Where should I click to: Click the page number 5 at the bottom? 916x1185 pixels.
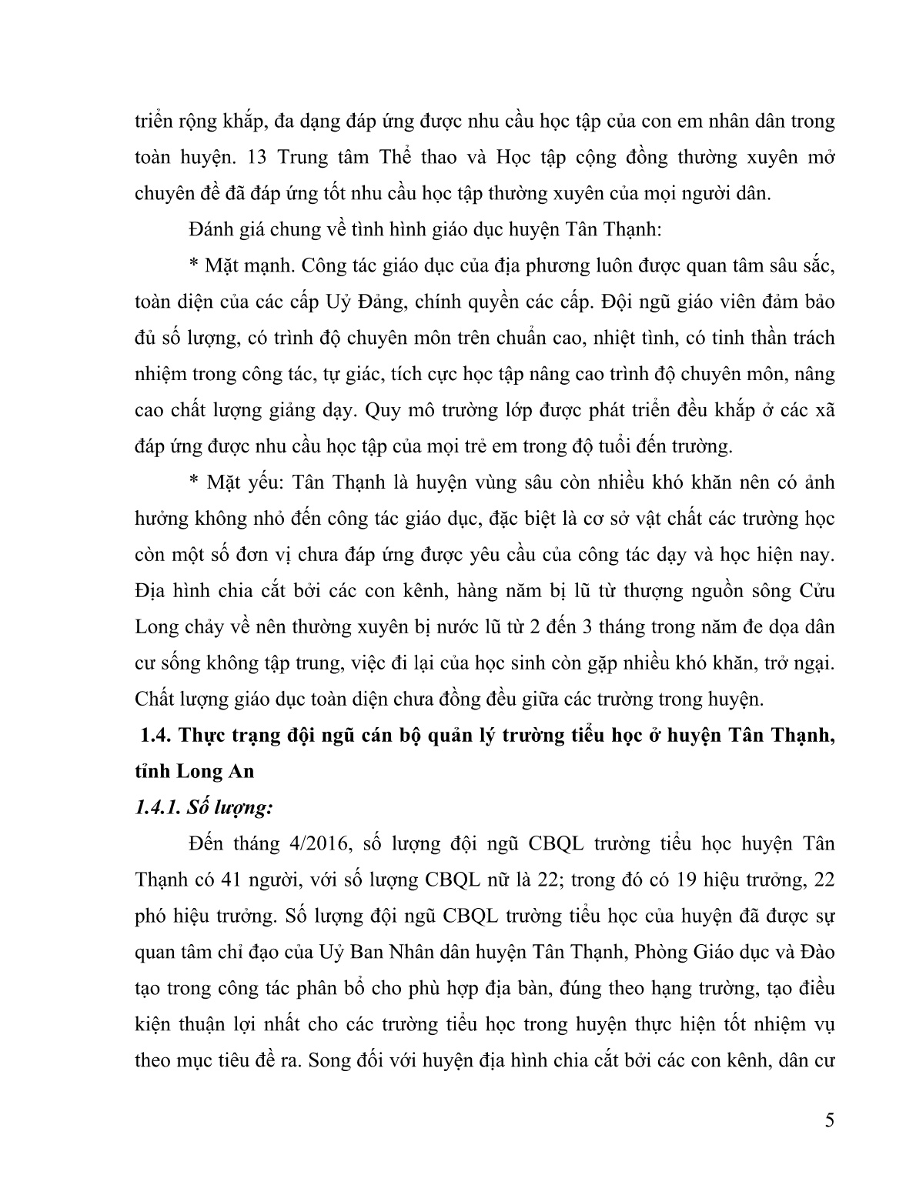[x=828, y=1141]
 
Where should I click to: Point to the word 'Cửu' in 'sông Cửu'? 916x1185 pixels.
[x=817, y=592]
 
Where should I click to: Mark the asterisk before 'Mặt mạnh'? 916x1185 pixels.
[x=193, y=266]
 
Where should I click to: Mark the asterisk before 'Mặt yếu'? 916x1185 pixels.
[x=193, y=483]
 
